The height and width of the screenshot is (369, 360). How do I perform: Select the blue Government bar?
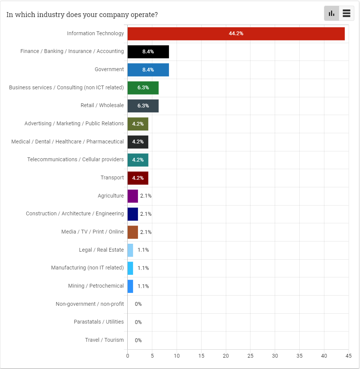148,70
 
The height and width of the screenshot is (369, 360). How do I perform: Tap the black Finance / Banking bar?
148,51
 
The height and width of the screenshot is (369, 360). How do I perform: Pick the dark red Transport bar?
138,178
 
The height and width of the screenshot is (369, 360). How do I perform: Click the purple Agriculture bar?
133,196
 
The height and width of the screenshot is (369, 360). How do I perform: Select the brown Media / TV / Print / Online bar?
133,232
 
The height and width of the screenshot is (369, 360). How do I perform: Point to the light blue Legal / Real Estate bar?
130,250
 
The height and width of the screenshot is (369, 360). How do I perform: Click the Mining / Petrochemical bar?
130,286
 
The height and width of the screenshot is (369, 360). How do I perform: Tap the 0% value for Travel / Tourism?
138,340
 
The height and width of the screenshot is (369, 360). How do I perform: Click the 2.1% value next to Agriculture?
146,196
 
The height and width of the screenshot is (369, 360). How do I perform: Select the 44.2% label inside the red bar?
236,34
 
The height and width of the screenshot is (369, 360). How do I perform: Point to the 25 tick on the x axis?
250,356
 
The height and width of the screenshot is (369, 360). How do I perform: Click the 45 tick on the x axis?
349,356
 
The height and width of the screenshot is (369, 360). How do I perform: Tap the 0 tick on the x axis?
128,356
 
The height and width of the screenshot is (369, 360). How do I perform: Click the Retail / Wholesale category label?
102,105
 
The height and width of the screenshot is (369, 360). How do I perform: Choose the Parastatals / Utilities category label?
99,322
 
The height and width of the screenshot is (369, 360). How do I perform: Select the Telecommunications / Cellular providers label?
75,159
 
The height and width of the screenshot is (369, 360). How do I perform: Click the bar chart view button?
332,14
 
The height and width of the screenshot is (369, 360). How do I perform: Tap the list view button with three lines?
346,14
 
